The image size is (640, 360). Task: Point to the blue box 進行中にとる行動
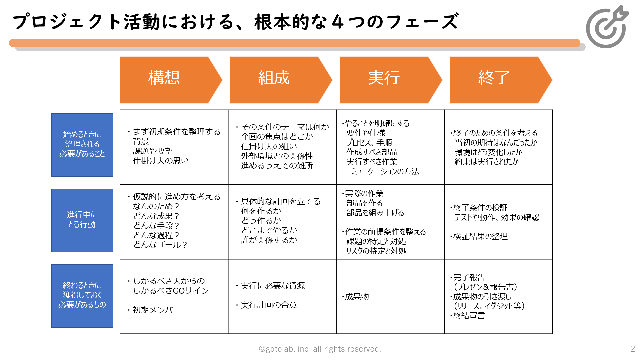click(82, 220)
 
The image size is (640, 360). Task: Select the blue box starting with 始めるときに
click(82, 145)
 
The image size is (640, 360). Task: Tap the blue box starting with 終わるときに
click(82, 296)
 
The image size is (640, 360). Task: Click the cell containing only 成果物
click(390, 296)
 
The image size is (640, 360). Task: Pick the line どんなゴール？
click(160, 245)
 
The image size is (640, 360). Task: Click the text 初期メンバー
click(157, 310)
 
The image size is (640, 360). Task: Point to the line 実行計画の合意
click(269, 305)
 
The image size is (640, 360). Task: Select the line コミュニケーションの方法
click(383, 171)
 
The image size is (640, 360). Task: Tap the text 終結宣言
click(469, 315)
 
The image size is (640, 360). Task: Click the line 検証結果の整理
click(480, 236)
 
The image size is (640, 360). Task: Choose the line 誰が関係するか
click(269, 240)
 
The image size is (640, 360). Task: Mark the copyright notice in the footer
click(320, 349)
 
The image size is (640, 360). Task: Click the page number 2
click(633, 349)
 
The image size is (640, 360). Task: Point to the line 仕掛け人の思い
click(161, 161)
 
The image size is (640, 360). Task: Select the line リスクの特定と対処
click(376, 251)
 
